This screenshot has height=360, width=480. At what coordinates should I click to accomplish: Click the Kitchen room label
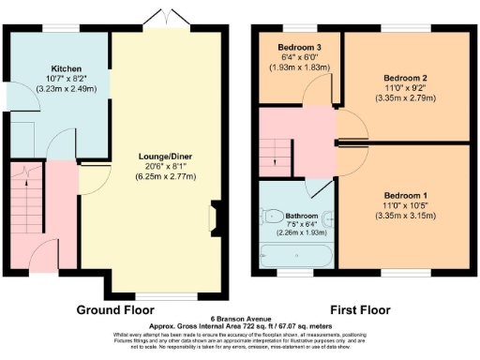[x=67, y=68]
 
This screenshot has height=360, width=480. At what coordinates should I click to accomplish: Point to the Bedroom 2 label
[x=406, y=79]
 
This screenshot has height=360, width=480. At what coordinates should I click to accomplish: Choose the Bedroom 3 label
[x=293, y=48]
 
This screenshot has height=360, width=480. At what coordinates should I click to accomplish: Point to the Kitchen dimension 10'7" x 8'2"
[x=67, y=79]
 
